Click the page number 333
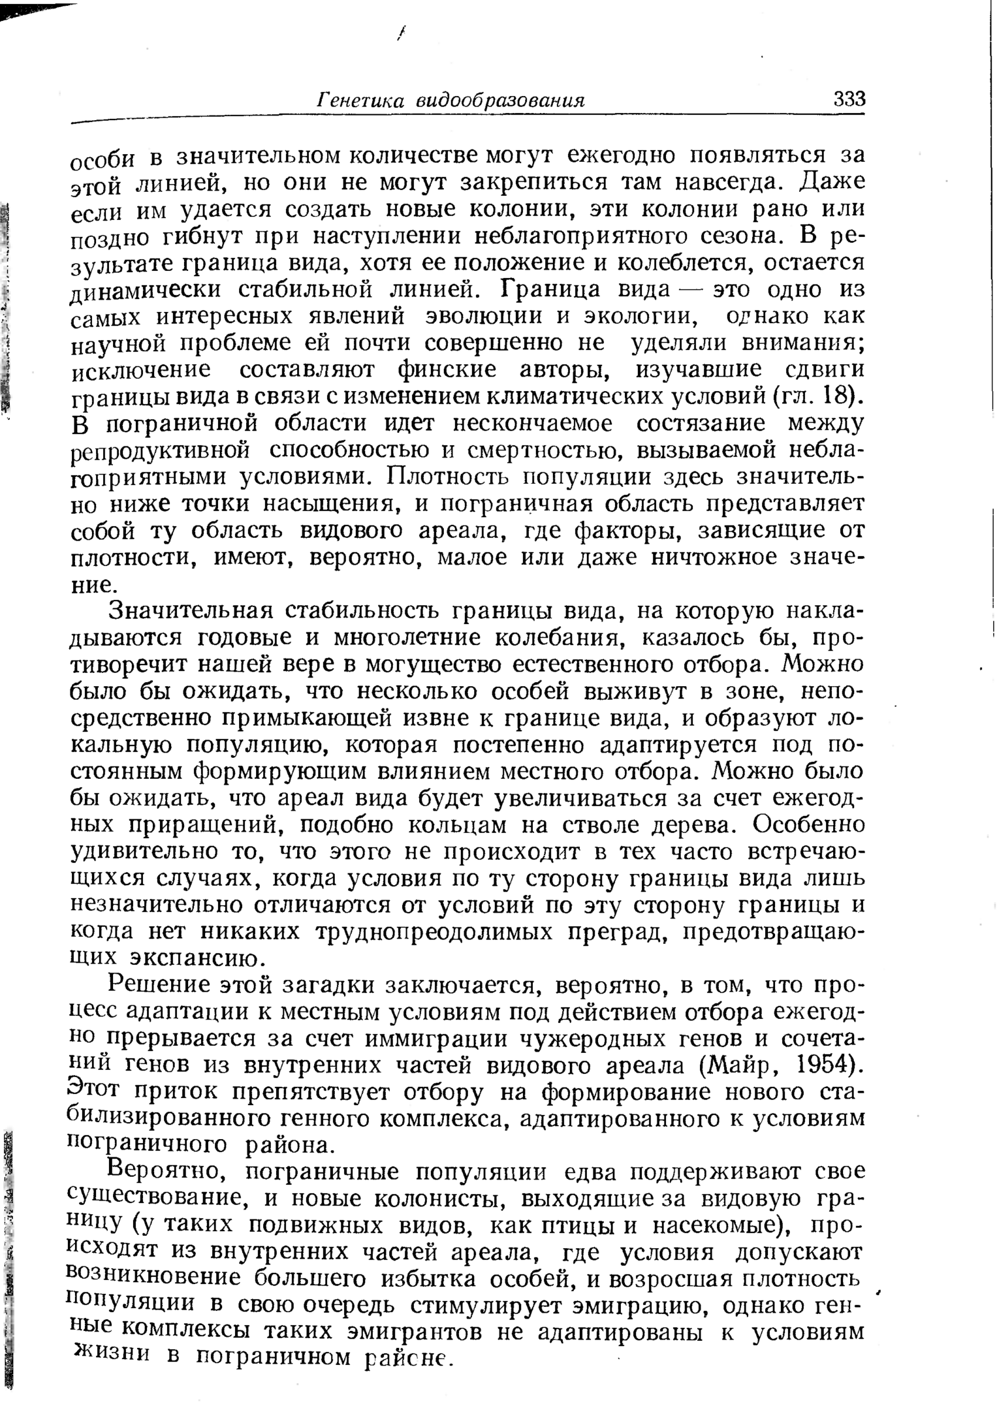pos(849,100)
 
